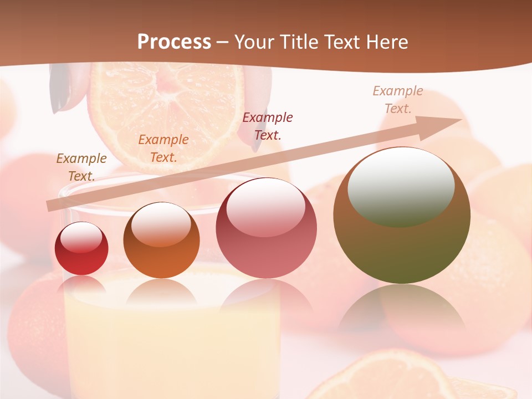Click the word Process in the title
point(174,42)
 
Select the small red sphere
point(81,248)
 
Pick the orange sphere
point(161,241)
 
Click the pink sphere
point(266,228)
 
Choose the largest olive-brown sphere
point(402,216)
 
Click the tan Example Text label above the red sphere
point(81,167)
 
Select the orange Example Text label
point(163,148)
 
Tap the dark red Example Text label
point(268,126)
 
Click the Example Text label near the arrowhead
point(398,99)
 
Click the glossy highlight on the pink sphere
point(265,206)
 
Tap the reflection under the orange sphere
point(161,292)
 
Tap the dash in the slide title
point(222,42)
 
